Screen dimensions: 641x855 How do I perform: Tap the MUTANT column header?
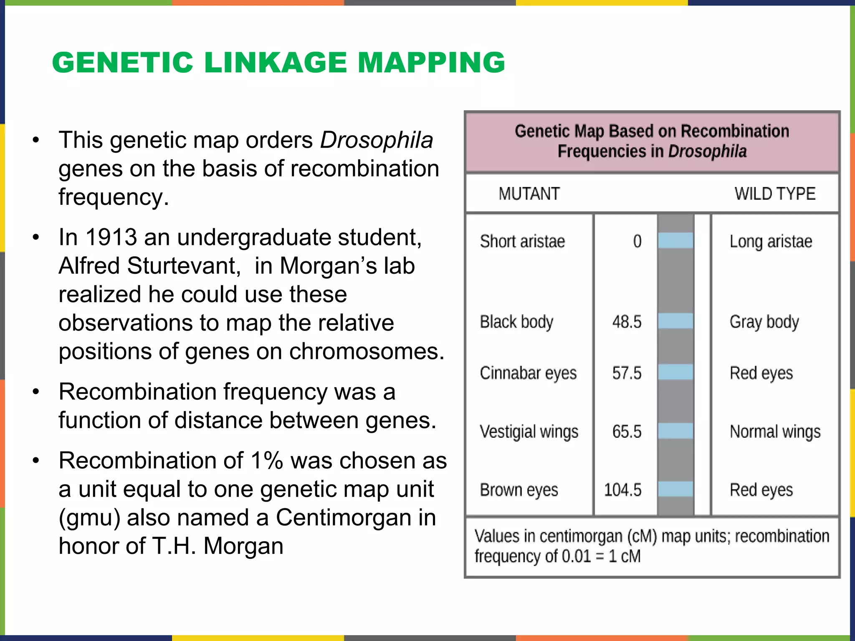pos(529,194)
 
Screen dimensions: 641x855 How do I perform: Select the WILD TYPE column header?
pos(775,194)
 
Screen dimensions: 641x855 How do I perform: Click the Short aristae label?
pos(522,241)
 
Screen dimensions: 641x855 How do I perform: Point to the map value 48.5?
pos(627,322)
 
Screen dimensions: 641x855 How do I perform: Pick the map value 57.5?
pos(627,373)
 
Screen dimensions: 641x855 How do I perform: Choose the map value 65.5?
pos(627,432)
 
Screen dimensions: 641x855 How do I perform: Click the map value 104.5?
pos(622,490)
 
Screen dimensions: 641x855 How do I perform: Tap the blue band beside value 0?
pos(675,241)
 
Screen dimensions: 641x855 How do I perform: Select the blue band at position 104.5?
pos(675,489)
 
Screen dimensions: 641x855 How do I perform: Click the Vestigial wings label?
pos(529,432)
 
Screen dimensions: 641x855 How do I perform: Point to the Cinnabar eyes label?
pos(528,373)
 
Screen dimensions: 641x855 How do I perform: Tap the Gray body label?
pos(764,322)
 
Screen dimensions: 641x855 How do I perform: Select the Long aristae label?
pos(771,242)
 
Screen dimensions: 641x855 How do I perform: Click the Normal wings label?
pos(775,432)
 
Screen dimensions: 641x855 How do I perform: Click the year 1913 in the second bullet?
pos(111,237)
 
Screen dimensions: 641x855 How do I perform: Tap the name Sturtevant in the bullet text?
pos(184,266)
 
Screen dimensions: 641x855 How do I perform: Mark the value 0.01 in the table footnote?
pos(576,556)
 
